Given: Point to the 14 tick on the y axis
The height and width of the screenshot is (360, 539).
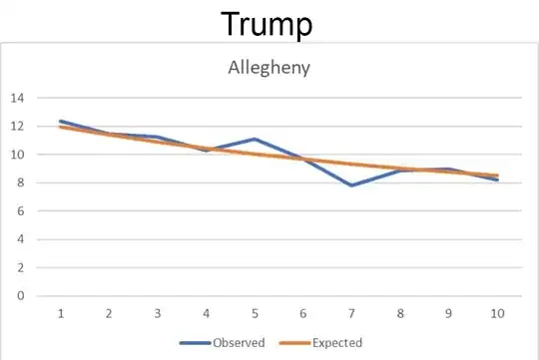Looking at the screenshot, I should coord(18,98).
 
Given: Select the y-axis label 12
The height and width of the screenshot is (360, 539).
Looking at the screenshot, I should coord(18,126).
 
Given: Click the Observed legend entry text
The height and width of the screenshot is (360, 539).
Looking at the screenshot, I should coord(239,343).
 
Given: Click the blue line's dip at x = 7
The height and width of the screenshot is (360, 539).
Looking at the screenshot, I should coord(351,185).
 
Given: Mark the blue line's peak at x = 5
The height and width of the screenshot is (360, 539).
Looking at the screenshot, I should coord(255,139).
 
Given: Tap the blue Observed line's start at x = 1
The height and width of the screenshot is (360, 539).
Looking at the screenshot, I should coord(61,121).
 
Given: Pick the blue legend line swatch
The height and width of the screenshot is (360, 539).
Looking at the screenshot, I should coord(195,343).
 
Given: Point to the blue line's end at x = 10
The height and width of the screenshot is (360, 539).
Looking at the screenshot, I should coord(496,180).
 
